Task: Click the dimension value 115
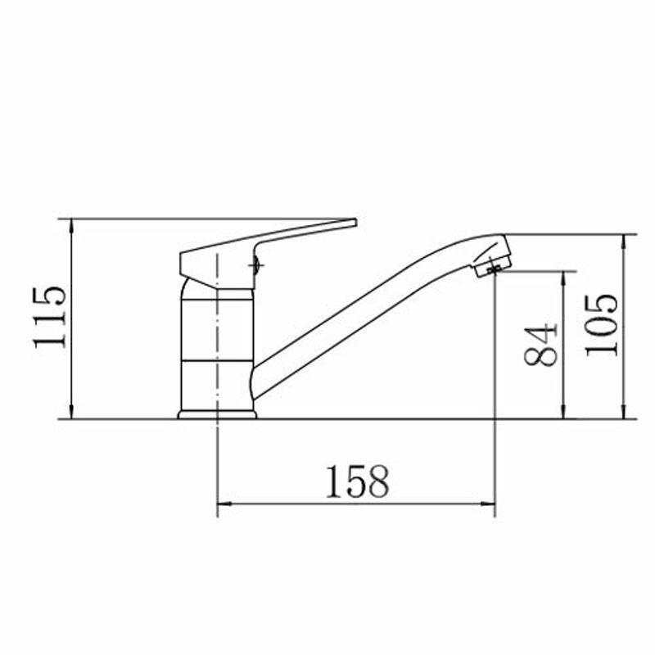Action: (49, 317)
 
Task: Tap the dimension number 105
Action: (601, 325)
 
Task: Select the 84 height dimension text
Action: (540, 345)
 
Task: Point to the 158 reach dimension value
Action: (357, 481)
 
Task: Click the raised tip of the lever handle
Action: (355, 222)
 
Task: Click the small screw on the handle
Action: (255, 264)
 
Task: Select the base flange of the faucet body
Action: (217, 414)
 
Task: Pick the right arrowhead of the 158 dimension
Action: (488, 504)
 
